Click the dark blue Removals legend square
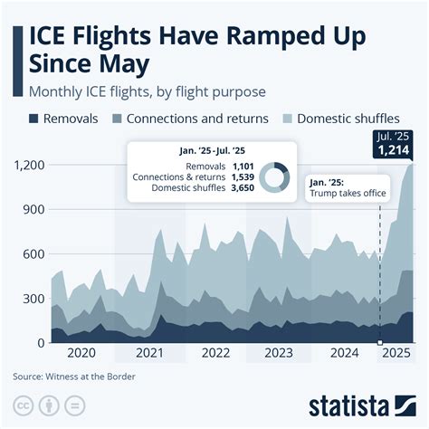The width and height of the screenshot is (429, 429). [34, 119]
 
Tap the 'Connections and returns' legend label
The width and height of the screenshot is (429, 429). [197, 119]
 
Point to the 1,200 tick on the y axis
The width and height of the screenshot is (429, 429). [29, 165]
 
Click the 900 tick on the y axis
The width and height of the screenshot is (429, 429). [34, 209]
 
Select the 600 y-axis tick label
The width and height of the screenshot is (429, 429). [34, 254]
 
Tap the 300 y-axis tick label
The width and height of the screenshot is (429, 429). [34, 299]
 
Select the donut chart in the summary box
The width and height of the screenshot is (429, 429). [273, 177]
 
